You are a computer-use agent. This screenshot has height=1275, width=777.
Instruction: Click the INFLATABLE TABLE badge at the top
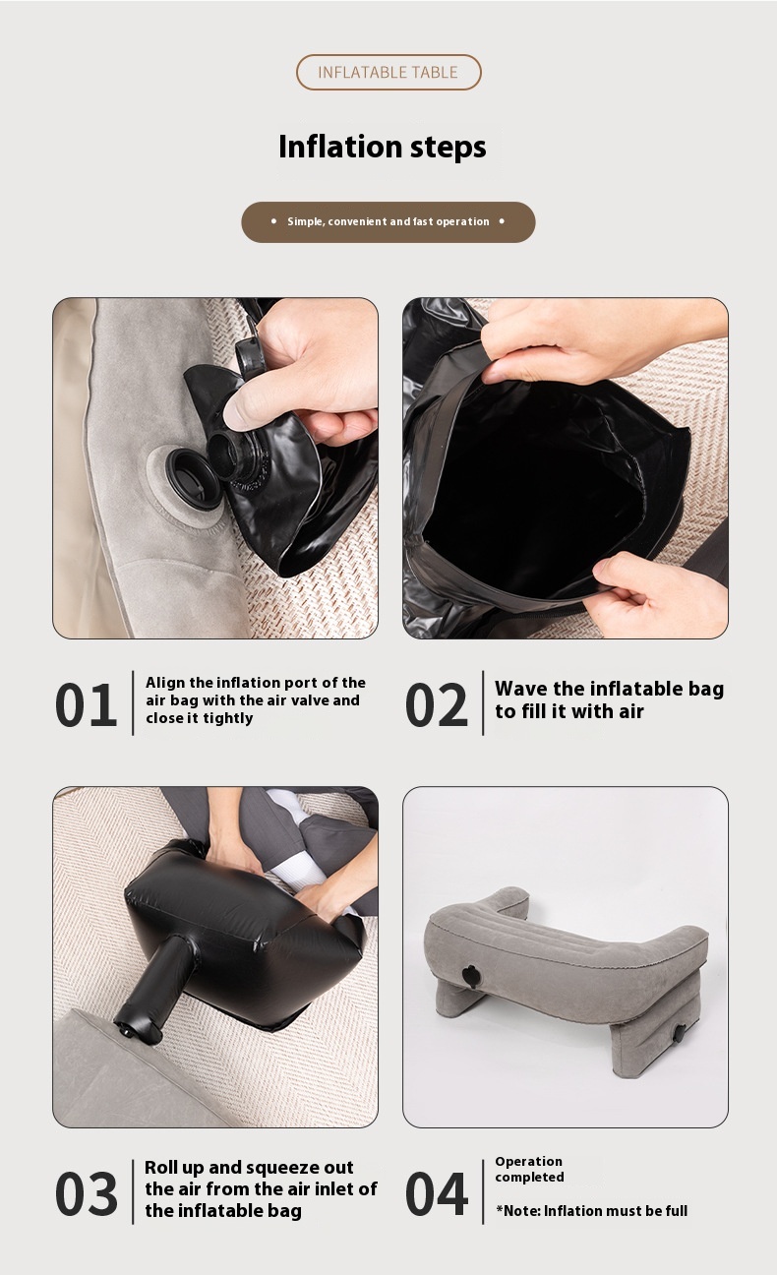[x=388, y=72]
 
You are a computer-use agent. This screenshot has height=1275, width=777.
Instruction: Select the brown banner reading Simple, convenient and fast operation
[x=388, y=222]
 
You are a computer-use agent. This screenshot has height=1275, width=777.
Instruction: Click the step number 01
[x=86, y=704]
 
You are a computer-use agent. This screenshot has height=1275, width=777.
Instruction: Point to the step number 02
[x=436, y=704]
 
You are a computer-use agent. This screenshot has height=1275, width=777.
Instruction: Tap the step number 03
[x=86, y=1194]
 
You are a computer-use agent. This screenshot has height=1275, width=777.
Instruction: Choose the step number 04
[x=436, y=1194]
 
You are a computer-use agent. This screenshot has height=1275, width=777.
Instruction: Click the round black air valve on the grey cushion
[x=193, y=479]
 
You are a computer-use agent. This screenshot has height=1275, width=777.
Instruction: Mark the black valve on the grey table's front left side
[x=472, y=976]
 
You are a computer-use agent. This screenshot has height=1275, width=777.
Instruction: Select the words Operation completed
[x=529, y=1169]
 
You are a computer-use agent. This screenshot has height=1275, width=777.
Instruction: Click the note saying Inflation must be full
[x=592, y=1211]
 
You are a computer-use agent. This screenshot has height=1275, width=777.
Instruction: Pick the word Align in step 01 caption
[x=165, y=683]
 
